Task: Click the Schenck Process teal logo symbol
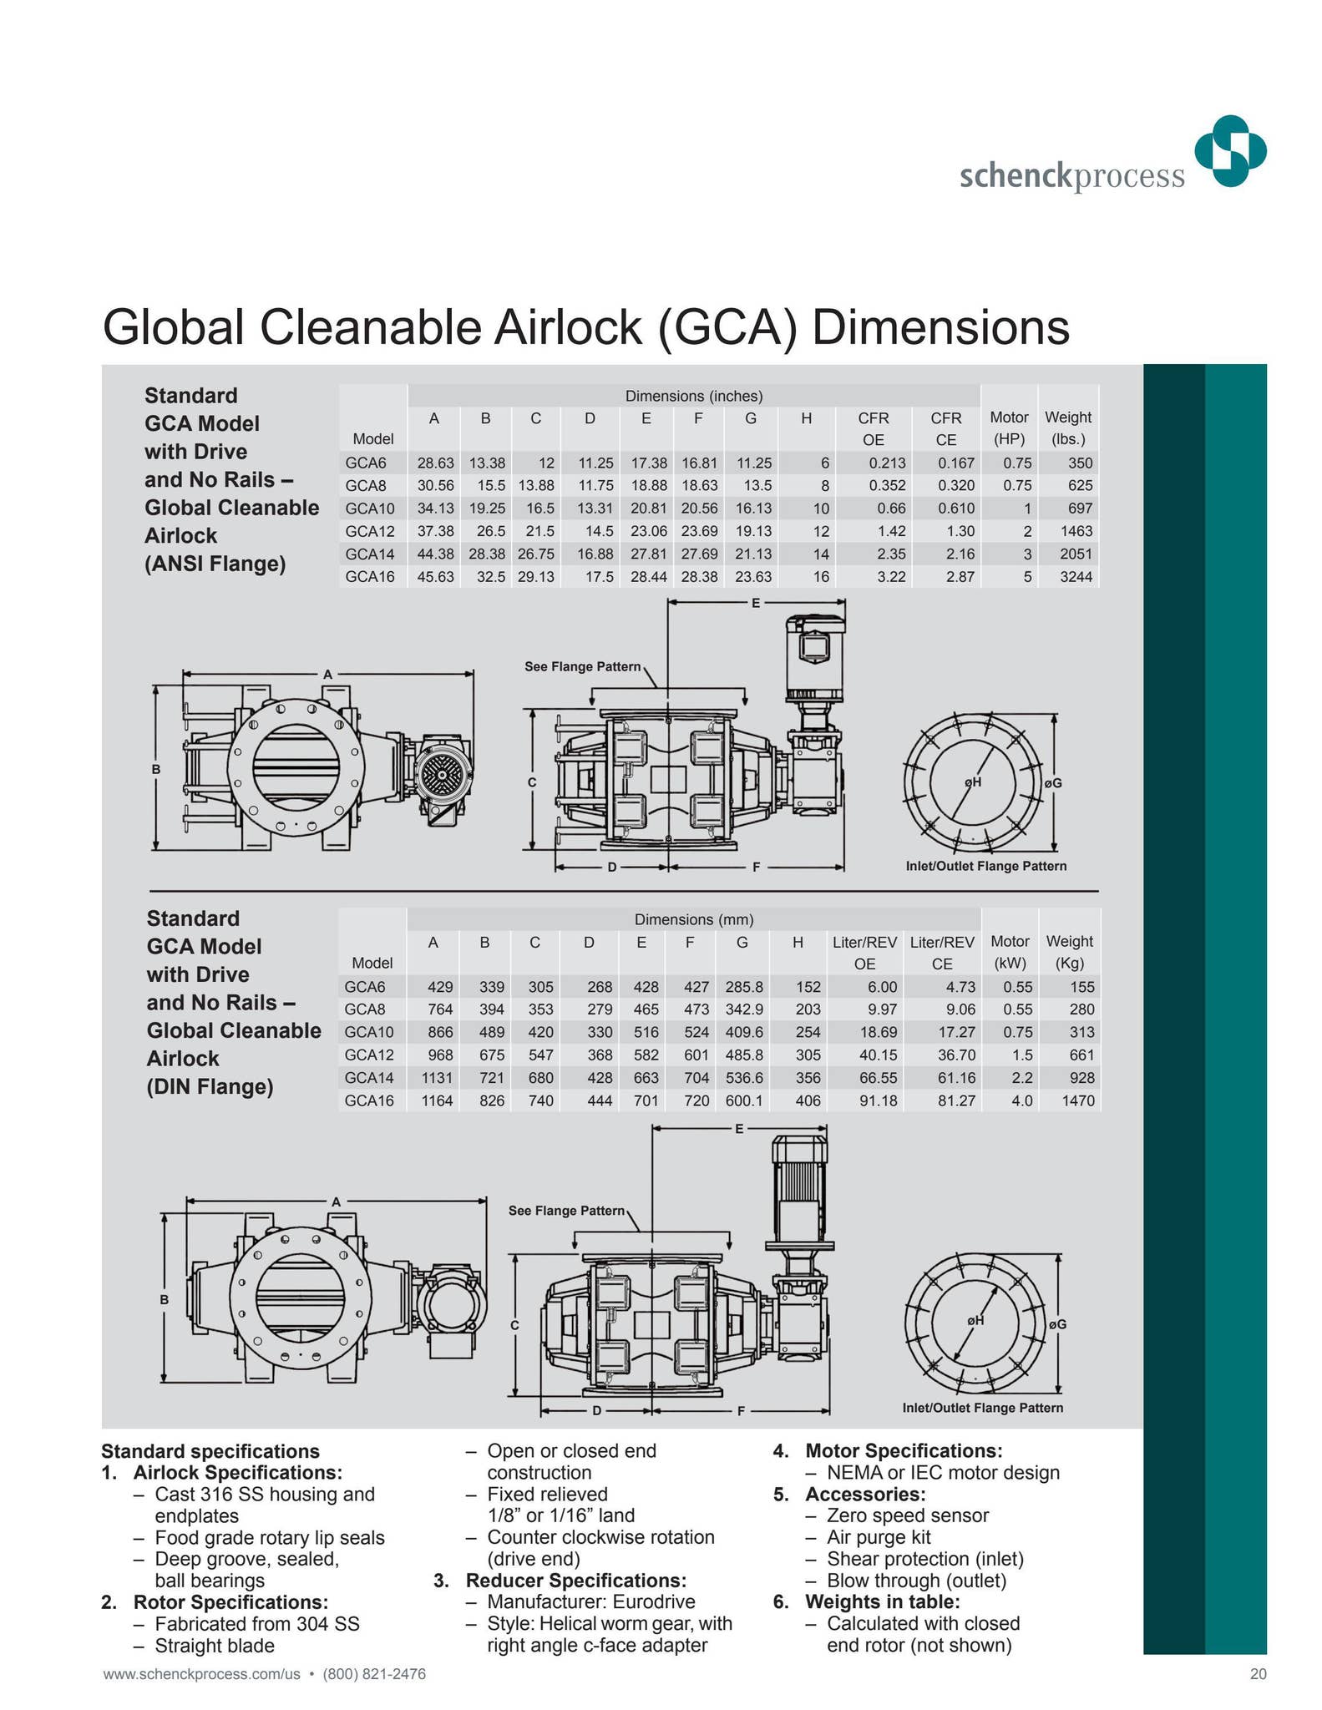[x=1230, y=151]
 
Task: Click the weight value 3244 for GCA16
[x=1076, y=576]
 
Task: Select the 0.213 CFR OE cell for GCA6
[x=886, y=463]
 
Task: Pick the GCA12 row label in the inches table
[x=369, y=531]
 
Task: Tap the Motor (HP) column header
[x=1009, y=428]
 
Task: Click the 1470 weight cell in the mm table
[x=1077, y=1100]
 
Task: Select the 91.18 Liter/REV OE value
[x=879, y=1100]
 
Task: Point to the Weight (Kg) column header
[x=1069, y=952]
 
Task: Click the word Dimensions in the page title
[x=940, y=327]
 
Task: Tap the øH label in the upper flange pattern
[x=972, y=782]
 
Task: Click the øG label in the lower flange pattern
[x=1057, y=1324]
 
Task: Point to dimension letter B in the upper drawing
[x=155, y=769]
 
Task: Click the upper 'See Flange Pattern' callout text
[x=582, y=666]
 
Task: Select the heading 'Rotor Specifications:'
[x=230, y=1601]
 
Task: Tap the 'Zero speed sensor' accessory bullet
[x=907, y=1515]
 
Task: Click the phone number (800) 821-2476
[x=374, y=1674]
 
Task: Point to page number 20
[x=1258, y=1674]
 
